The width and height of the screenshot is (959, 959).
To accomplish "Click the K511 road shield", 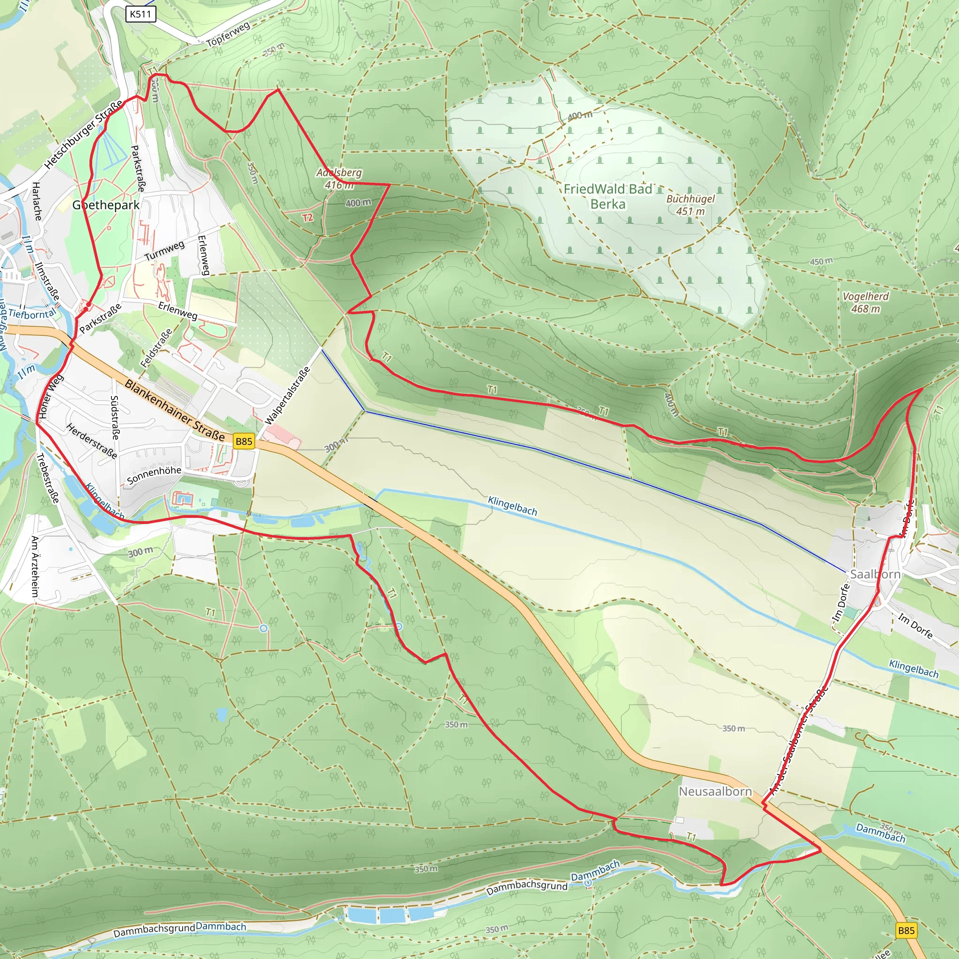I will (140, 14).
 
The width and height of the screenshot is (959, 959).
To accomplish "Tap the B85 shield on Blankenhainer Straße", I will (243, 441).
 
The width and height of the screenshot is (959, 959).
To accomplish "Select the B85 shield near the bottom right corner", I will (906, 930).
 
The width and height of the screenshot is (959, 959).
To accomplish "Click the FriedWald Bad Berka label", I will (607, 197).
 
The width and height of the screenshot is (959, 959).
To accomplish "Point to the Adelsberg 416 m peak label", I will (339, 179).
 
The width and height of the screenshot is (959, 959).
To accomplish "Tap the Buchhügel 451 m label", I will (691, 205).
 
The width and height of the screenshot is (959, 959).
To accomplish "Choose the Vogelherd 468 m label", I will (866, 302).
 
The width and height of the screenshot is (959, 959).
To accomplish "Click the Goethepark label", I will (106, 205).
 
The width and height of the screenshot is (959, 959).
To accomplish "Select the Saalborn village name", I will (875, 574).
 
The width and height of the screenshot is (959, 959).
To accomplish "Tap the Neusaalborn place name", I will (716, 791).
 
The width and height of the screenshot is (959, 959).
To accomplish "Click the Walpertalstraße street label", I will (288, 395).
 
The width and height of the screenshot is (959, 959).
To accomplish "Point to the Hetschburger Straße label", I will (83, 134).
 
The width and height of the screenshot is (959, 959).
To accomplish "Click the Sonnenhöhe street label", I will (154, 474).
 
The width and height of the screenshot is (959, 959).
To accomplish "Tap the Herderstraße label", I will (92, 441).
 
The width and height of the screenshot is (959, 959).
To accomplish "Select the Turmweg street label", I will (164, 251).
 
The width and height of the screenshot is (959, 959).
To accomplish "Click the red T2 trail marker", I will (308, 217).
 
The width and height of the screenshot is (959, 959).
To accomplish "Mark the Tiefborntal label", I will (32, 314).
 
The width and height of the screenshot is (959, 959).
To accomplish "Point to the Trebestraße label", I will (48, 478).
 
